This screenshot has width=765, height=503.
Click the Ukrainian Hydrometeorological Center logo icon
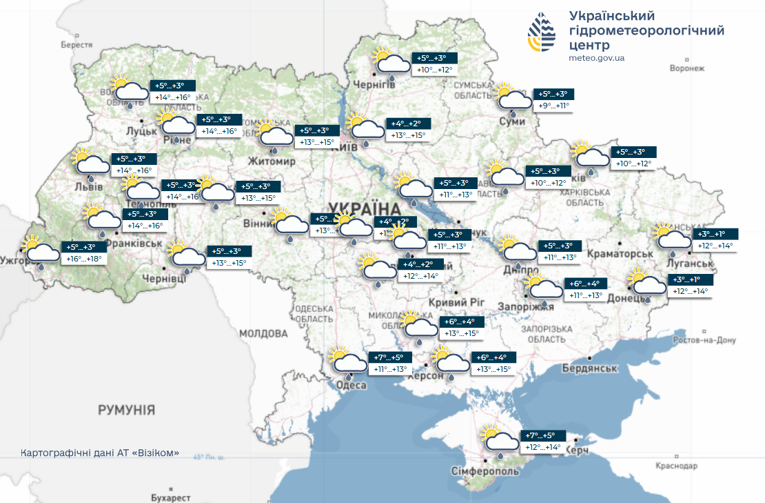pos(542,32)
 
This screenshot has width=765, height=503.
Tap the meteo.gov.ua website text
pos(597,58)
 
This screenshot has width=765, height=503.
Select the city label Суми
pos(512,121)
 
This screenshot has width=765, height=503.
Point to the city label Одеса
pos(350,386)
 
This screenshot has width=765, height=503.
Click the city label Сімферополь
pos(484,471)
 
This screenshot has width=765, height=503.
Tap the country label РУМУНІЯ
pos(126,410)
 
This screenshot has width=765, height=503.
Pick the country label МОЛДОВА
pos(263,333)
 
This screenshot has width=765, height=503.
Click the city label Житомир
pos(273,161)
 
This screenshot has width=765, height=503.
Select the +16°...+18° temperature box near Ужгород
pos(84,259)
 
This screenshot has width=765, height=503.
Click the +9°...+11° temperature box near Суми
pos(554,106)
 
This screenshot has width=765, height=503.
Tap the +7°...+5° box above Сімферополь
pos(540,435)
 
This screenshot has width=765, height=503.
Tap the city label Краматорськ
pos(620,254)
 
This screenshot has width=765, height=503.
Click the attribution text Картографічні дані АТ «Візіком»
pos(101,453)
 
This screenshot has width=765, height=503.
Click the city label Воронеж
pos(687,68)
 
